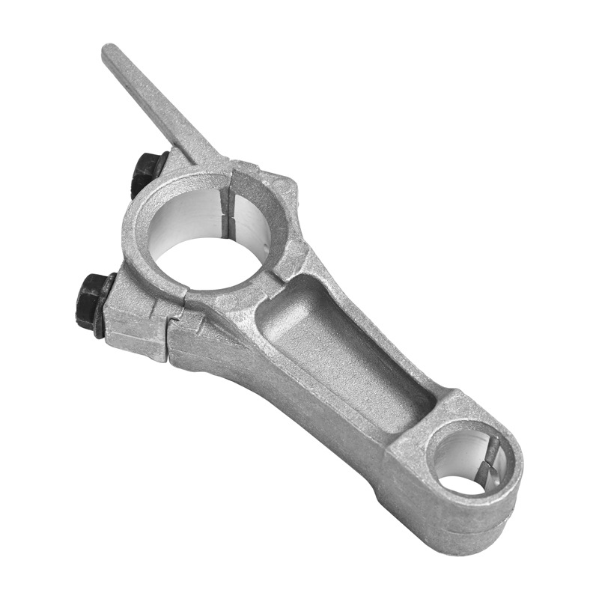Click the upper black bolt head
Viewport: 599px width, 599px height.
click(148, 171)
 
